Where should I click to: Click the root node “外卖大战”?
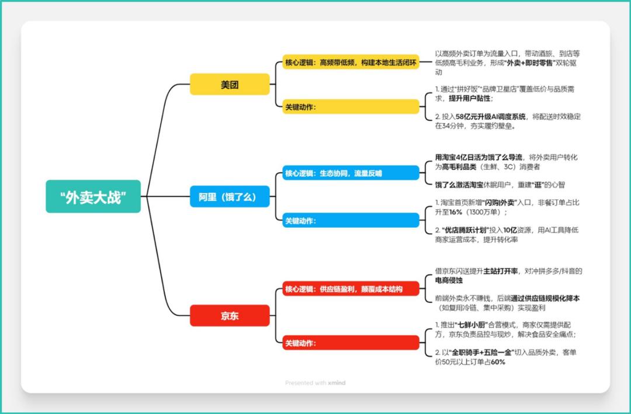point(93,196)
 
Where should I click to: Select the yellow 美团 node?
point(230,85)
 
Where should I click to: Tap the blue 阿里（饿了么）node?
point(230,197)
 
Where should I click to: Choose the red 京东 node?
point(230,316)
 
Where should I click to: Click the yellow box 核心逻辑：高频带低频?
point(351,62)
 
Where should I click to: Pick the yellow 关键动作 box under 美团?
point(351,107)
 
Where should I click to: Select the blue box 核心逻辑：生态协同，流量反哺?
point(351,173)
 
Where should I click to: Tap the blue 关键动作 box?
point(351,221)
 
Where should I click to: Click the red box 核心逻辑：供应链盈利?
point(351,289)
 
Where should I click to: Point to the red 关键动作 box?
point(351,343)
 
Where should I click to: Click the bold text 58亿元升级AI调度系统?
point(491,117)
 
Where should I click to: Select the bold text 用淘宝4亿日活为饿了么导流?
point(479,157)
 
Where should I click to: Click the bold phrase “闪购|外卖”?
point(500,203)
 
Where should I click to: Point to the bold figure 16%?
point(456,212)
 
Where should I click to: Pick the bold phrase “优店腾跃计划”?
point(466,230)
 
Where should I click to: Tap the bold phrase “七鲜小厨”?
point(470,325)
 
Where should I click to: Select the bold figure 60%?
point(498,362)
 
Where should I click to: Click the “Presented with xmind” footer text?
point(315,382)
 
